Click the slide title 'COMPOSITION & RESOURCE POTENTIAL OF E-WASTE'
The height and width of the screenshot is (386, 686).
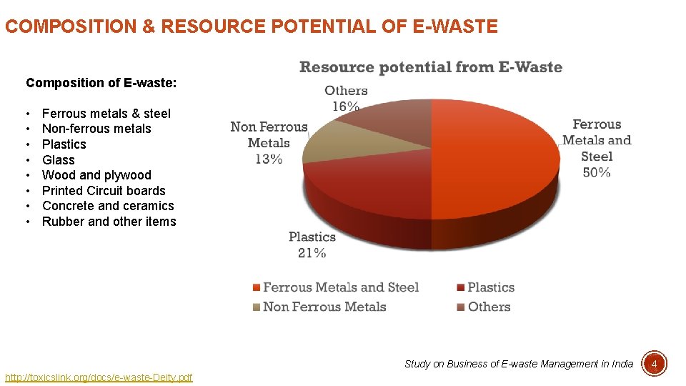point(251,27)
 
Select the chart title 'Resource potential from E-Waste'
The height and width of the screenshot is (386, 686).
point(430,67)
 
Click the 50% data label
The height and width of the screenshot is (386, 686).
point(596,172)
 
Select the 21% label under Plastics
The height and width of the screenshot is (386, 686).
point(312,252)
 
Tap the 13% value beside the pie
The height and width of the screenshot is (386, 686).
point(268,159)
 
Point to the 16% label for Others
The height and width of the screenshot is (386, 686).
point(346,107)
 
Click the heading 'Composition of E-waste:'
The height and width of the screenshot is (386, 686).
point(101,83)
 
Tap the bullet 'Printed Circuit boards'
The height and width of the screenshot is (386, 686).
point(104,191)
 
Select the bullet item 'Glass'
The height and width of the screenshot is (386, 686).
point(59,160)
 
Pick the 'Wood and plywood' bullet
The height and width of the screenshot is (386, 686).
point(96,175)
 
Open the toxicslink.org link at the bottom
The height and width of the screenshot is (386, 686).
point(99,377)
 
